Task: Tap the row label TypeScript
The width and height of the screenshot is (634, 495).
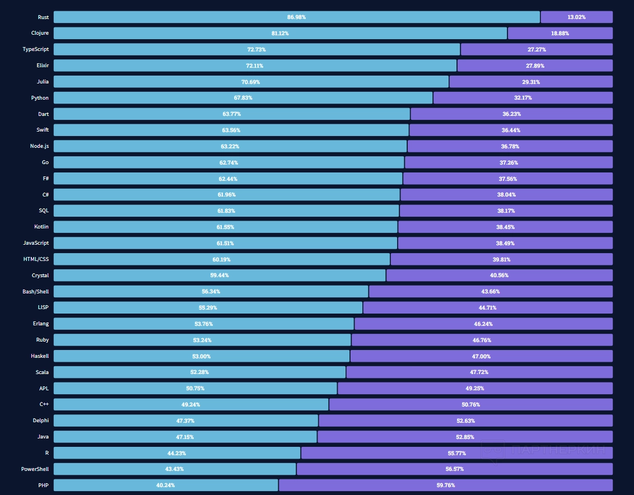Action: (x=35, y=49)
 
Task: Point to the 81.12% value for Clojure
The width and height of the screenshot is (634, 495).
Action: (x=280, y=34)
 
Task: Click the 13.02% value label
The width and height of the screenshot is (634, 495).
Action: (x=576, y=17)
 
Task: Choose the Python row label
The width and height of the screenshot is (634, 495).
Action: (x=40, y=98)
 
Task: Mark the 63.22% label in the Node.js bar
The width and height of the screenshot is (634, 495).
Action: (x=230, y=147)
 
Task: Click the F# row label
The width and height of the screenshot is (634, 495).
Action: (x=45, y=179)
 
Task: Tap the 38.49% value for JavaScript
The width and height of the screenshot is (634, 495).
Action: (x=505, y=244)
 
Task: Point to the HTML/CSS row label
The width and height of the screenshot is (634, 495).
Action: (x=36, y=260)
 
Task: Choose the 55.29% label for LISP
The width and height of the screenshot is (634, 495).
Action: (x=208, y=308)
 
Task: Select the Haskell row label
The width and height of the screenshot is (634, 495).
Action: (x=40, y=356)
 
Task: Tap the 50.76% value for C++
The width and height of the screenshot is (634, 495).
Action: (x=470, y=405)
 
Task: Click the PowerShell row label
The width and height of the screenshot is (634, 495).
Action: (x=35, y=469)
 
